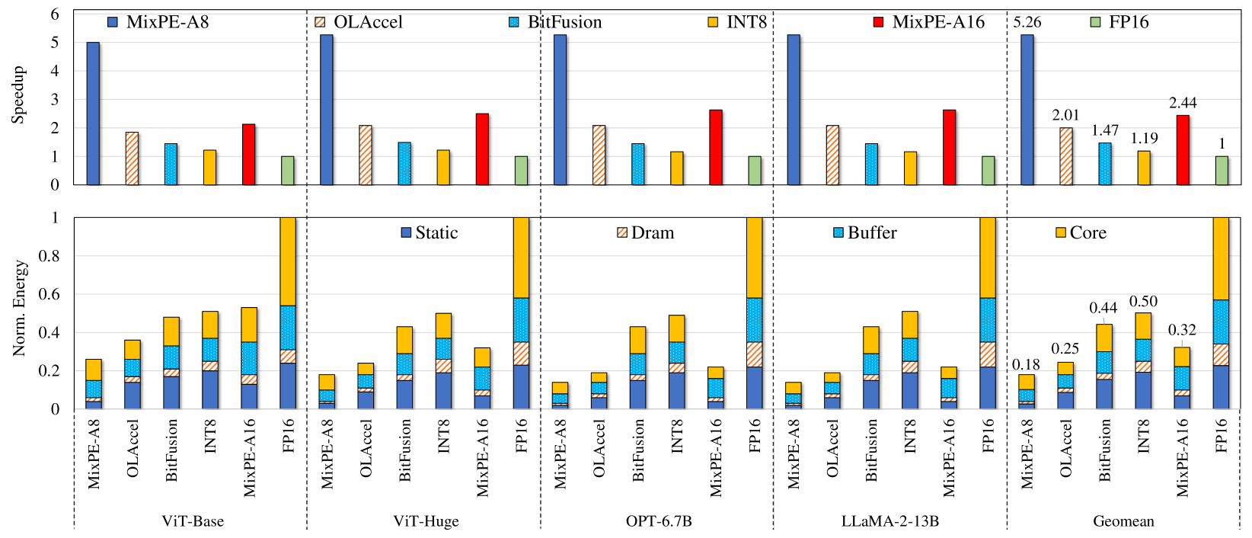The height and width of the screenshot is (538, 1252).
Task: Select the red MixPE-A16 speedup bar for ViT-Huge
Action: pyautogui.click(x=482, y=149)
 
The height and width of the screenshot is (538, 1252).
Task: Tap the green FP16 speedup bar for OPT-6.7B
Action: pyautogui.click(x=754, y=170)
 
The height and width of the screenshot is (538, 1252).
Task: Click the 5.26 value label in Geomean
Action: pyautogui.click(x=1027, y=22)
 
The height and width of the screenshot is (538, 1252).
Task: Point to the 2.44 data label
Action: pyautogui.click(x=1182, y=103)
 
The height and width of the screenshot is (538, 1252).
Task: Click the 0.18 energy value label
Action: pyautogui.click(x=1026, y=364)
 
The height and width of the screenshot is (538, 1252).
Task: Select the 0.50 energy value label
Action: pyautogui.click(x=1143, y=302)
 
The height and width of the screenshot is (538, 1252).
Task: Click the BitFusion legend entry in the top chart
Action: pyautogui.click(x=555, y=22)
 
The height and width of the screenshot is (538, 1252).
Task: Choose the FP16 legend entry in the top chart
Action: pyautogui.click(x=1119, y=22)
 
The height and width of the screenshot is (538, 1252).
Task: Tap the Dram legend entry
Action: pyautogui.click(x=646, y=232)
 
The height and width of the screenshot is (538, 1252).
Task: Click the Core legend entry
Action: pyautogui.click(x=1081, y=232)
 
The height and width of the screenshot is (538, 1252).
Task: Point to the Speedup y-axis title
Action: pyautogui.click(x=18, y=95)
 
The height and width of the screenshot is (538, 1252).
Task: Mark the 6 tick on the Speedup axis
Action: pyautogui.click(x=55, y=14)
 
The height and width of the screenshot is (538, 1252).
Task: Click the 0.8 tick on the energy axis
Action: pyautogui.click(x=50, y=256)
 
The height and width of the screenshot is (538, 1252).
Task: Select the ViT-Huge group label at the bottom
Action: pyautogui.click(x=426, y=521)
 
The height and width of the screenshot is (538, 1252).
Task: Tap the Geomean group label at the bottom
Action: pyautogui.click(x=1123, y=521)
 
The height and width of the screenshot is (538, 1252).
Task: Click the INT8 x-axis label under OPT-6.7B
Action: pyautogui.click(x=676, y=436)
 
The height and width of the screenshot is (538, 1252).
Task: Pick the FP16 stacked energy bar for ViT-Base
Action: pyautogui.click(x=288, y=312)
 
